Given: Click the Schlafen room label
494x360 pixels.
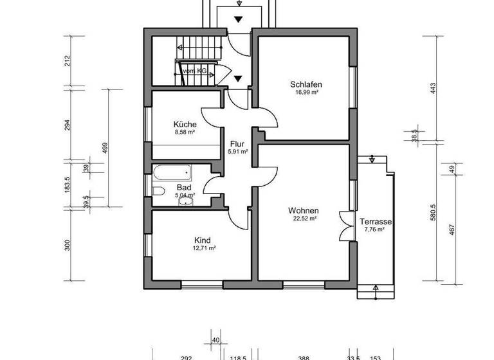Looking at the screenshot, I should tap(306, 84).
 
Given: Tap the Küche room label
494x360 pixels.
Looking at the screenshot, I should tap(184, 124).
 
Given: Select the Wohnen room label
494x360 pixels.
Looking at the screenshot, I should tap(304, 211).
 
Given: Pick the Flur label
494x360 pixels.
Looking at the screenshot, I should tap(237, 144).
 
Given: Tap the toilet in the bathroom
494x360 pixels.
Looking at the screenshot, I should tap(158, 190).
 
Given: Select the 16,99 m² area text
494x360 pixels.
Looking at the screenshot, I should tap(306, 93).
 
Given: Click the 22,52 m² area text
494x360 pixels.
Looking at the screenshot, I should tap(304, 219).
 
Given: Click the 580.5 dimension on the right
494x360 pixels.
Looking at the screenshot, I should tap(433, 211).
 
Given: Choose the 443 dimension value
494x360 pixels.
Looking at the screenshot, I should tap(433, 87).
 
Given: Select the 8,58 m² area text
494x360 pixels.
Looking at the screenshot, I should tap(184, 132).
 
